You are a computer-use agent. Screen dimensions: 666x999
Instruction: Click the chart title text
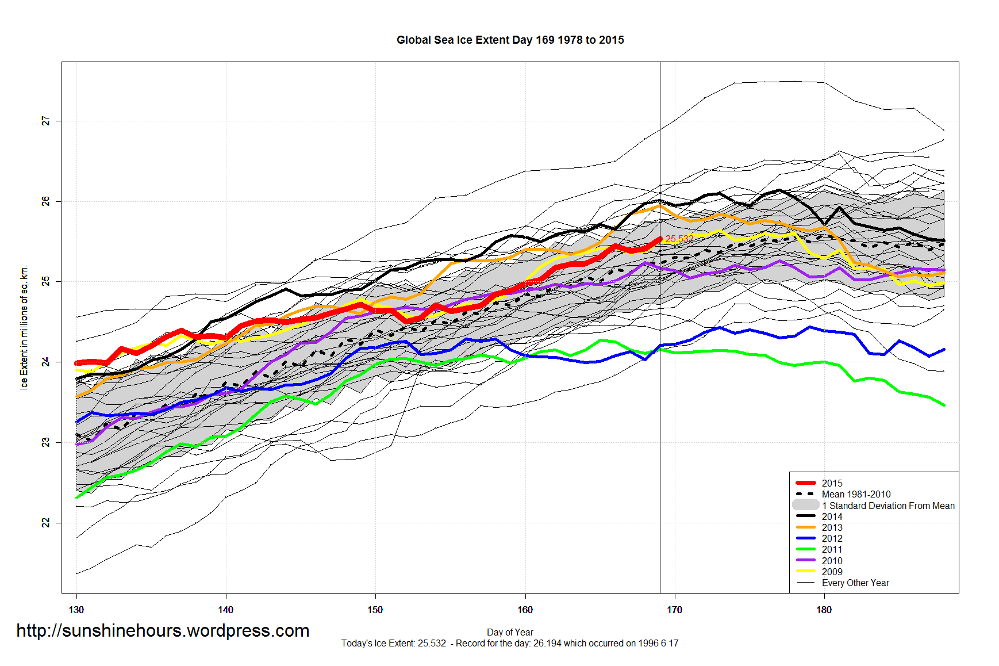point(510,40)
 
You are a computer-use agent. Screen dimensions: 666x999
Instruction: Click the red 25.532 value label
point(679,239)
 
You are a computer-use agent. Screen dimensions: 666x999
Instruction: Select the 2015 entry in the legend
point(832,483)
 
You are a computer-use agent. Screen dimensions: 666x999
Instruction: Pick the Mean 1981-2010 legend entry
point(856,494)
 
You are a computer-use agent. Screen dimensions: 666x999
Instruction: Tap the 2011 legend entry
point(832,549)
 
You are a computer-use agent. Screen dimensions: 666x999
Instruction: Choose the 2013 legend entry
point(832,527)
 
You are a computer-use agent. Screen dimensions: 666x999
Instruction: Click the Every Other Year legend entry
point(855,583)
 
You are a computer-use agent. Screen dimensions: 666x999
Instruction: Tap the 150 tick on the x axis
point(375,610)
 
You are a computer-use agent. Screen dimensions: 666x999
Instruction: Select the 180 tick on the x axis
point(824,610)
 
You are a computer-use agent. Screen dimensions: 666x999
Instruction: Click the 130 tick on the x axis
point(76,610)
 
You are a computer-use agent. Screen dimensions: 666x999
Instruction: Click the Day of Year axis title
point(510,632)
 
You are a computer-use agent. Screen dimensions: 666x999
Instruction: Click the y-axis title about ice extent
point(24,328)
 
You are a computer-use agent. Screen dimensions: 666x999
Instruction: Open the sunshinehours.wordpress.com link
point(163,631)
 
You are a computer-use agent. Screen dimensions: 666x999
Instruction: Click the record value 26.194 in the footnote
point(547,643)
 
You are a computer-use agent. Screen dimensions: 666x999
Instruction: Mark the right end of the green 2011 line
point(944,405)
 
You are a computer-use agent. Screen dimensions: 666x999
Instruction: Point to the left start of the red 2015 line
point(77,363)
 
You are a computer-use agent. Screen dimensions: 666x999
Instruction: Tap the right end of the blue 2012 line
point(944,350)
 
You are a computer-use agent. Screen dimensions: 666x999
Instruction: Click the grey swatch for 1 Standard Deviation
point(805,505)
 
